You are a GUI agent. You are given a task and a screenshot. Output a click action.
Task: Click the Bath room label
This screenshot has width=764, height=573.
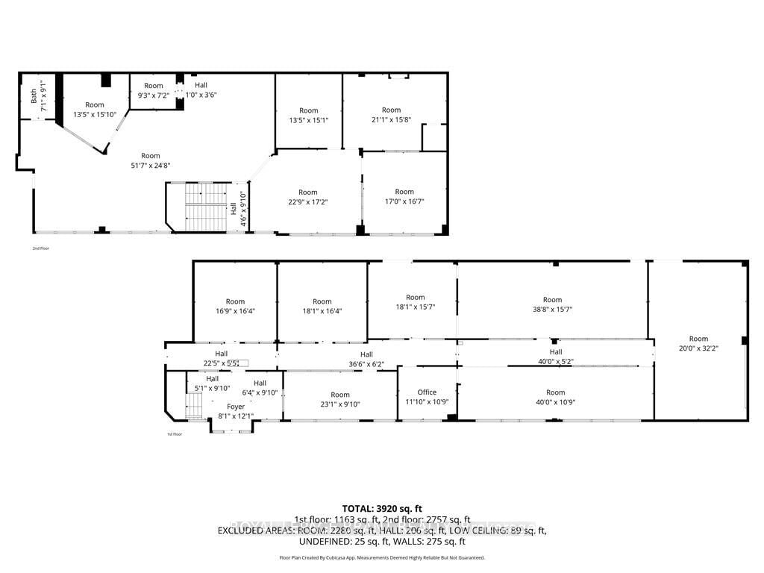coord(34,95)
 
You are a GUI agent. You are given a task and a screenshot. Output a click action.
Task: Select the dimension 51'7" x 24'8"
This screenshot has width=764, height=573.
coord(151,166)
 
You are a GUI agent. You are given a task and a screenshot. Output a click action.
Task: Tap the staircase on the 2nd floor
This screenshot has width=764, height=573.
coord(204,207)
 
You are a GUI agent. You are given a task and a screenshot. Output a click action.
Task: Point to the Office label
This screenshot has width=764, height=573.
coord(427,392)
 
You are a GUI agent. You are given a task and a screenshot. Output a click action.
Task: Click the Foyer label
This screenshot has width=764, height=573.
coord(236,407)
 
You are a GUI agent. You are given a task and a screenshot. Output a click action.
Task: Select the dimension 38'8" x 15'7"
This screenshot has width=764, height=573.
coord(552,310)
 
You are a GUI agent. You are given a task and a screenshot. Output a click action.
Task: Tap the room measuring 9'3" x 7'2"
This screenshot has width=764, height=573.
coord(153,90)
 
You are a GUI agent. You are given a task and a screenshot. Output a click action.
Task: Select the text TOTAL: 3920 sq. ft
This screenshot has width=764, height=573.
coord(382,507)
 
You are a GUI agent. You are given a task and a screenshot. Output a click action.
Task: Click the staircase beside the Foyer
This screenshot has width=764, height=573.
coord(193,407)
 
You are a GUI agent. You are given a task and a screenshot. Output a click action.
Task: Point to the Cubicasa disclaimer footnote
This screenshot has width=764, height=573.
coord(382,557)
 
